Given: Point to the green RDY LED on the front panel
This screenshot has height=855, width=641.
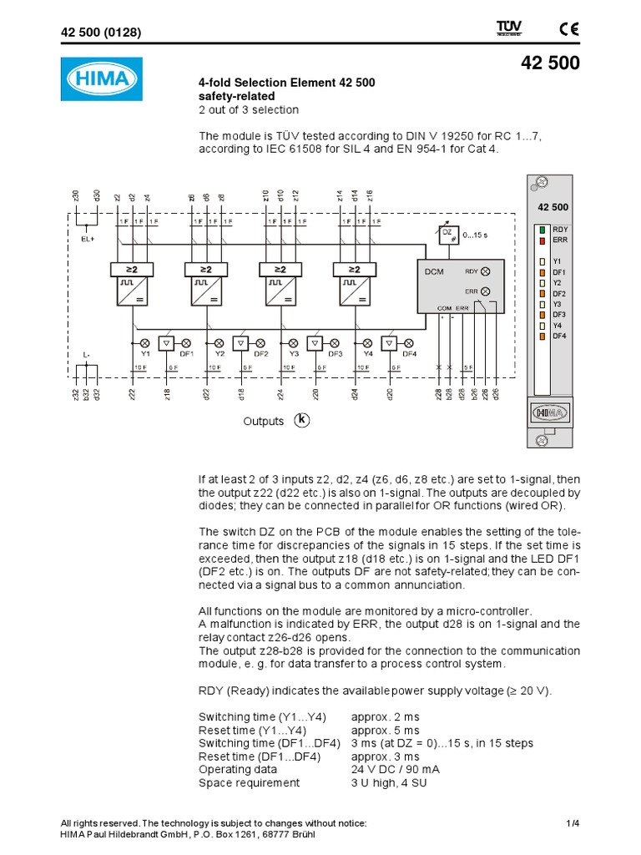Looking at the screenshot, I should click(543, 229).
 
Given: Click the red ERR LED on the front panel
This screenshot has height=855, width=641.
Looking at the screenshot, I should click(543, 240).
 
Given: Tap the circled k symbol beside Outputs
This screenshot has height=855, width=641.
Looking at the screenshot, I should click(301, 420).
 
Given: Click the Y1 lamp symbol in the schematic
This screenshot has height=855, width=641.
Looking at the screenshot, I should click(144, 342).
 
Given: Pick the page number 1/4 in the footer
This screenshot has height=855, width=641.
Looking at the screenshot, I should click(572, 822).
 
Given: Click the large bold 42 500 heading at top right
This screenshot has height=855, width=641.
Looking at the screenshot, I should click(550, 64).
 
